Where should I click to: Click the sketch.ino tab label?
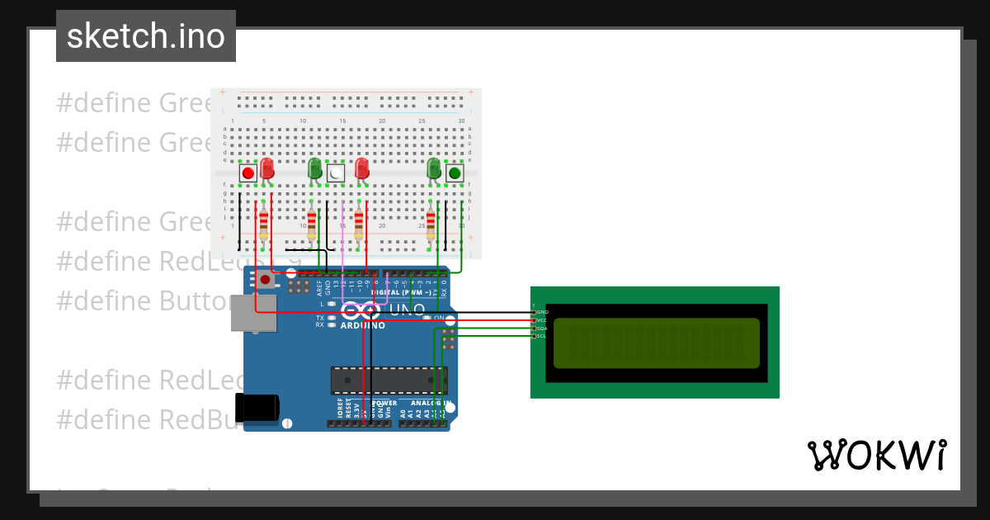coord(146,36)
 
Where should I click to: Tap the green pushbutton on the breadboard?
coord(454,173)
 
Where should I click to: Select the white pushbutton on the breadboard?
coord(335,173)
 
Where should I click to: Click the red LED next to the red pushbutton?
coord(266,169)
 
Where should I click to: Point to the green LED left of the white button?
coord(314,169)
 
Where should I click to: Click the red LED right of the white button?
coord(361,169)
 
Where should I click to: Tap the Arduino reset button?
coord(265,280)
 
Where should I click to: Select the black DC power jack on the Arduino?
coord(257,408)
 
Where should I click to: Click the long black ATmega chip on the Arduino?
coord(388,380)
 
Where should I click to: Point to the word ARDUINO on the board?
coord(362,325)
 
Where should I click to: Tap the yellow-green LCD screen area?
coord(656,343)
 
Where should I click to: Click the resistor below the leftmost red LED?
coord(264,224)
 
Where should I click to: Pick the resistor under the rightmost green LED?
coord(431,224)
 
